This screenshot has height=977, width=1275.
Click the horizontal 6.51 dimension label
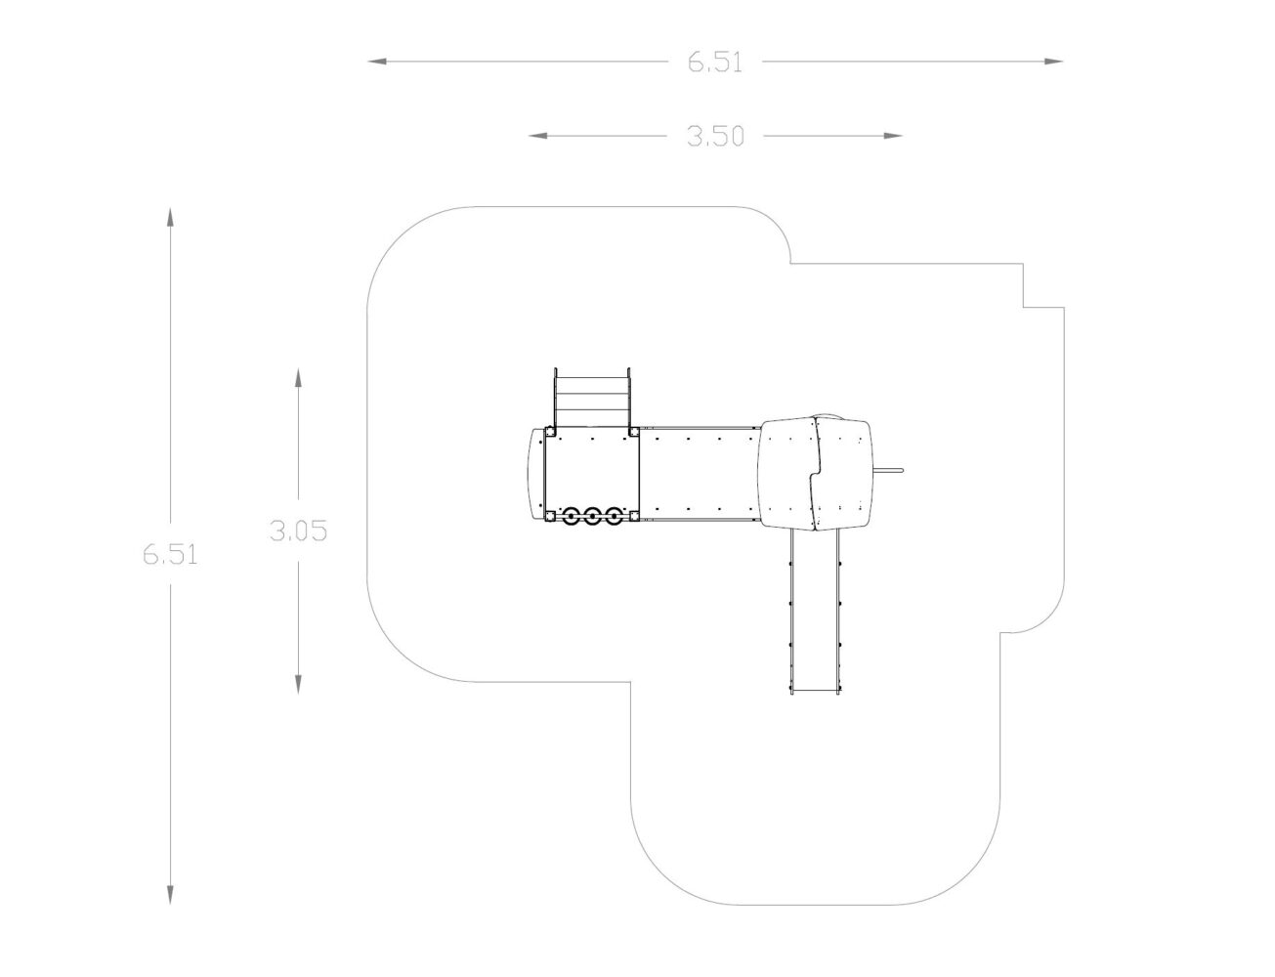point(714,63)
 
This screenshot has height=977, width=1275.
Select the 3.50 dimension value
point(715,136)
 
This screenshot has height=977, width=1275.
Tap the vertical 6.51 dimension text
point(170,555)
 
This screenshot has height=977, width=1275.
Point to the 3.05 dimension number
point(298,531)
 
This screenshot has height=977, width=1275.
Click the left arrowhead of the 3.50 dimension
point(538,136)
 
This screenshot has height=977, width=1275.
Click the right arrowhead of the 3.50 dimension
point(893,136)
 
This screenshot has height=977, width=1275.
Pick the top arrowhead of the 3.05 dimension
point(298,378)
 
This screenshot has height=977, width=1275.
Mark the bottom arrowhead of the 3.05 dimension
point(298,684)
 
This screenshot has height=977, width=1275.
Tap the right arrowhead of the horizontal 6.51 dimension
point(1053,61)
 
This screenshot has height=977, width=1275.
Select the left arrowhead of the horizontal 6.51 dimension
point(377,61)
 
